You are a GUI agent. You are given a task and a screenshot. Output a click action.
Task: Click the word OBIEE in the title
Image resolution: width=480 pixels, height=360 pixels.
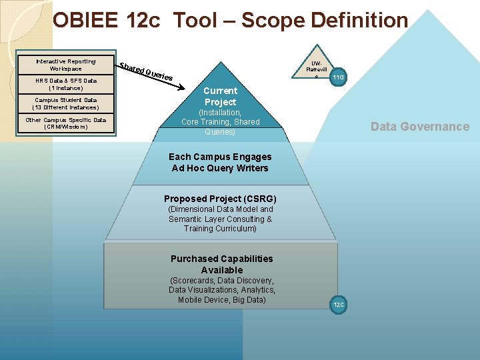tap(87, 21)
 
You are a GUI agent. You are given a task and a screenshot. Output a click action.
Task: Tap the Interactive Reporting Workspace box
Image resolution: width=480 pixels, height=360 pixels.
tap(65, 65)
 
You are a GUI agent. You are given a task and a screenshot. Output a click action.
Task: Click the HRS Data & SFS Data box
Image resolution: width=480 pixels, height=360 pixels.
tap(65, 84)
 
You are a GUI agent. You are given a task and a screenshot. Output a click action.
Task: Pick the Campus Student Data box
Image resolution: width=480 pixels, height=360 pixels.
tap(65, 103)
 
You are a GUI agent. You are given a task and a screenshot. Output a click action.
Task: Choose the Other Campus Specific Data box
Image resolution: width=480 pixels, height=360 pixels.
tap(65, 123)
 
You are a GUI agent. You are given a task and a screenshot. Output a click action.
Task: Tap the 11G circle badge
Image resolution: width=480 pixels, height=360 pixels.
tap(338, 78)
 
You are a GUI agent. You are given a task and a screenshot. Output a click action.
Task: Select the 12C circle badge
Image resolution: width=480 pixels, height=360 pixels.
tap(338, 305)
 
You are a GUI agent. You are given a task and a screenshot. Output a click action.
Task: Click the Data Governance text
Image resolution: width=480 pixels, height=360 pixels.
tap(419, 127)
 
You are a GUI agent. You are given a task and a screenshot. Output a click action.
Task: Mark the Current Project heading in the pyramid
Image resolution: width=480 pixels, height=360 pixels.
tap(220, 96)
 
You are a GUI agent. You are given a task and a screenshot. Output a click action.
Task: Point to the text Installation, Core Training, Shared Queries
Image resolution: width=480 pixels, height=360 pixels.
tap(220, 122)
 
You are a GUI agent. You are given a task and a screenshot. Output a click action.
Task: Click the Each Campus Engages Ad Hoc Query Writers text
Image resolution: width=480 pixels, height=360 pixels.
tap(220, 162)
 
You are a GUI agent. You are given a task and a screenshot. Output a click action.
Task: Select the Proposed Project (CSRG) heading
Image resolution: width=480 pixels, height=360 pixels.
tap(220, 199)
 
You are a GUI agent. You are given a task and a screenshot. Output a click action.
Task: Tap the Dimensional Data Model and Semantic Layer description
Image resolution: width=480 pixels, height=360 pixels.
tap(220, 219)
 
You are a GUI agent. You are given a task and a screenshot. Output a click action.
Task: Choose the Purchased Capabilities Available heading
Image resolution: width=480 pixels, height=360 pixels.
tap(221, 264)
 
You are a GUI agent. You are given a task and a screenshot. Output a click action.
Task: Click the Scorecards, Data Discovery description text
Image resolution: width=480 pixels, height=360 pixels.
tap(221, 290)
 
